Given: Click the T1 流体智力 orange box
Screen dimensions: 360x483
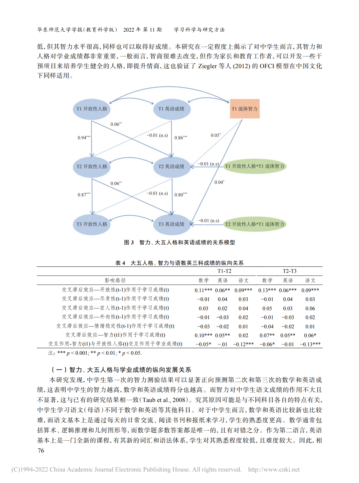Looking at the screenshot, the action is [245, 109].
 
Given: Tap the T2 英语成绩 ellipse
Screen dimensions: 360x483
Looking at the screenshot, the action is [172, 167].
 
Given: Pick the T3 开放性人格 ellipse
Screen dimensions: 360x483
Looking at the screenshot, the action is [91, 224].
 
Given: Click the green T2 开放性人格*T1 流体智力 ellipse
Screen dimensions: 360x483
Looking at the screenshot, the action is [255, 224].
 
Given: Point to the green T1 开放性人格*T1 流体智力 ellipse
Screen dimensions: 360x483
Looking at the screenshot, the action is [255, 166].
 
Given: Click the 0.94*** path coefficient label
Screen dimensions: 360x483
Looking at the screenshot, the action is [84, 138].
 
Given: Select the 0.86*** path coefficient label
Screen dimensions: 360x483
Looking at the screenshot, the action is [181, 138].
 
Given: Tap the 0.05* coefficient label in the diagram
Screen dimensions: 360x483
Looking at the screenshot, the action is [216, 135].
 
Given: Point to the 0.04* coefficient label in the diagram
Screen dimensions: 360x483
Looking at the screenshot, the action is [219, 182].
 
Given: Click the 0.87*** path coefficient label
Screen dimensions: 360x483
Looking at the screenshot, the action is [84, 195].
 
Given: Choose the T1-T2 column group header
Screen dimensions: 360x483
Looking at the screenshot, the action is [224, 271].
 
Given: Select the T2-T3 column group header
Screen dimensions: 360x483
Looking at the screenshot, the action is [289, 271].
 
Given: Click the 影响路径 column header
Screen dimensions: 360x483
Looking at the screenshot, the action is [115, 280].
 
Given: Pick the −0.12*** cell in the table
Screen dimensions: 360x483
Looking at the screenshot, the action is [243, 344].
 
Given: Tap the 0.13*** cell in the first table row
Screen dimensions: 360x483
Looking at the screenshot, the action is [267, 290].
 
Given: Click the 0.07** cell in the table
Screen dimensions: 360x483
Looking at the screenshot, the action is [267, 335].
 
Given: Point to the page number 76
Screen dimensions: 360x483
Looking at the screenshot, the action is [41, 451].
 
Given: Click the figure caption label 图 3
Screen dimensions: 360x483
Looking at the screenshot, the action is [129, 242].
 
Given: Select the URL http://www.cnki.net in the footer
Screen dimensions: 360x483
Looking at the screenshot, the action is [274, 469].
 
